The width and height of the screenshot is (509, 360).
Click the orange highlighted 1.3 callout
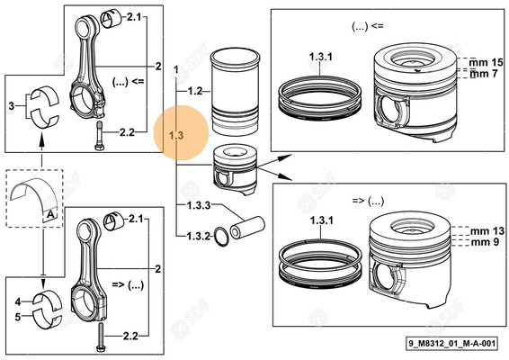tap(176, 135)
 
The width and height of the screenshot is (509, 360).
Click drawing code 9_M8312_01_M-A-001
tap(451, 343)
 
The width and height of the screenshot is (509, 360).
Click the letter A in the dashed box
tap(46, 214)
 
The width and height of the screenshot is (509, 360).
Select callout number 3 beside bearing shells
tap(12, 105)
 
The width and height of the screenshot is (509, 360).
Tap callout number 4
tap(18, 301)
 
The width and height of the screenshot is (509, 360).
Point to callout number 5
tap(18, 316)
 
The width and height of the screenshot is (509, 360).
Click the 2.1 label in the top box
tap(134, 17)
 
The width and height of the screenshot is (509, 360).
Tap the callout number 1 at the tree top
tap(176, 69)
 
